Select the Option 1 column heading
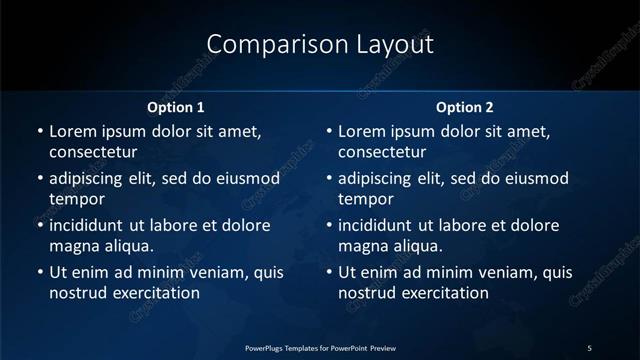[175, 107]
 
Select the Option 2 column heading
[465, 107]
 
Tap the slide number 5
[589, 347]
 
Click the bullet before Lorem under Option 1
[39, 131]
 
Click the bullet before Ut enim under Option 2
[329, 272]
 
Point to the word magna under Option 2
[363, 246]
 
